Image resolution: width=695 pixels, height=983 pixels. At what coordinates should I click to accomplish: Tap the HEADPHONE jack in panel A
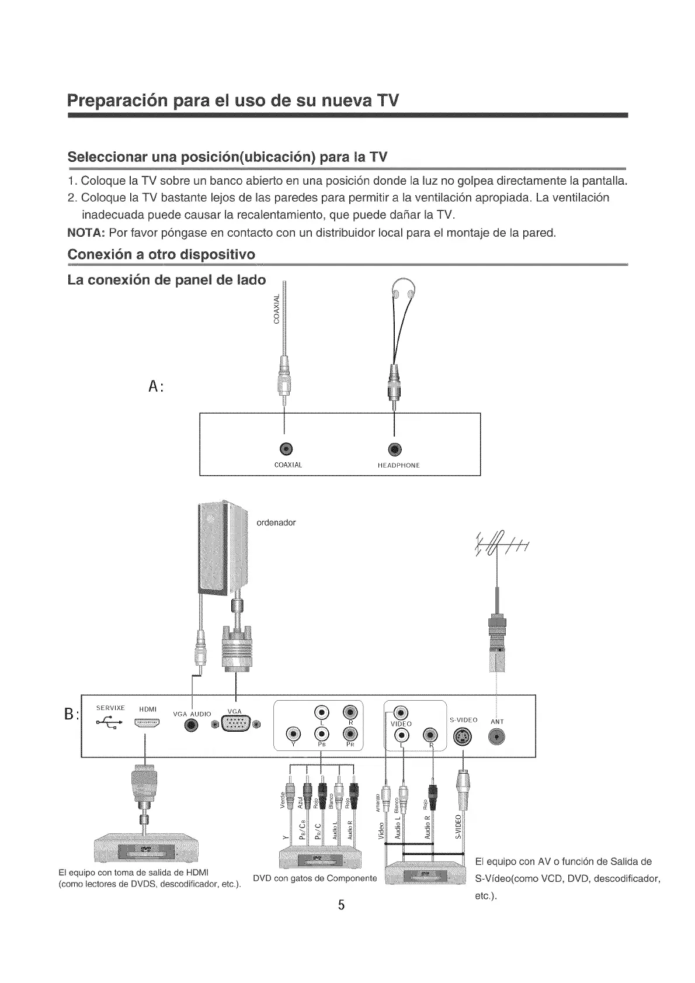pyautogui.click(x=395, y=449)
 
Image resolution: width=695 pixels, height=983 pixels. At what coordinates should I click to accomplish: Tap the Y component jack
pyautogui.click(x=294, y=735)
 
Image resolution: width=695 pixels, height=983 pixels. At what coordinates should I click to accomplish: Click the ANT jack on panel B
pyautogui.click(x=497, y=738)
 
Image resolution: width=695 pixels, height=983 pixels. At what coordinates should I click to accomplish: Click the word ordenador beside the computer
pyautogui.click(x=276, y=522)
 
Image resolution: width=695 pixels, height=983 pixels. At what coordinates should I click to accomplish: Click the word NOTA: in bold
pyautogui.click(x=86, y=233)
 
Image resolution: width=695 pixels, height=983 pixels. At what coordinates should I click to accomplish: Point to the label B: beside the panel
pyautogui.click(x=71, y=714)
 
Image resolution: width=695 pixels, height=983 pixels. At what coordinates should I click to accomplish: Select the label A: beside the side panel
pyautogui.click(x=155, y=386)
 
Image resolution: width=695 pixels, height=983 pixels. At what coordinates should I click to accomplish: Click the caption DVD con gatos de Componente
pyautogui.click(x=315, y=878)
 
